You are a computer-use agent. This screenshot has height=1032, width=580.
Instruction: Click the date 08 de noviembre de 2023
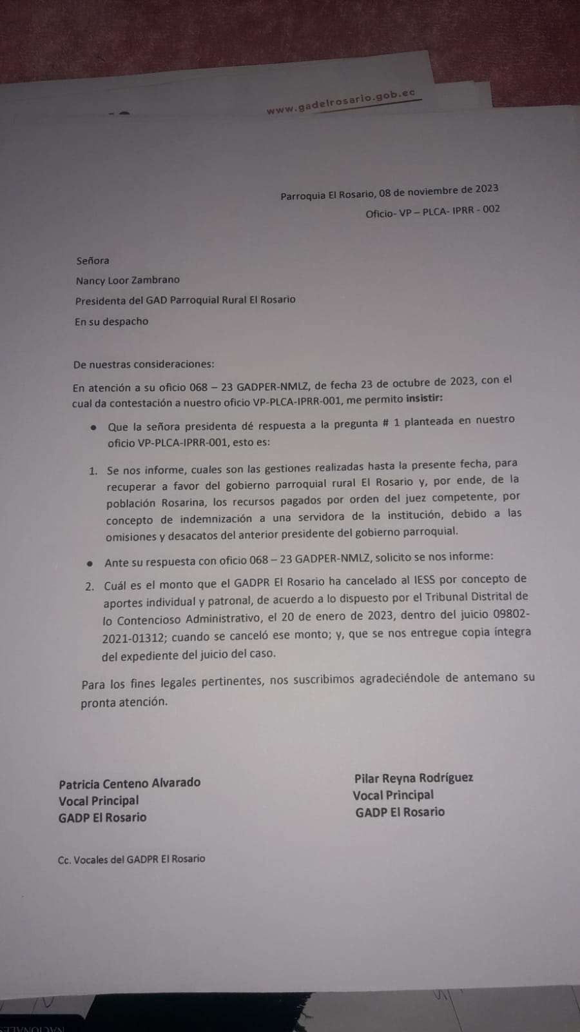(x=438, y=191)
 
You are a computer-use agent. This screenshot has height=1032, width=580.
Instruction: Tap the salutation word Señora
(x=93, y=261)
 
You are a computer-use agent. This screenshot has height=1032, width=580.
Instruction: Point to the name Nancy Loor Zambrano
(x=128, y=281)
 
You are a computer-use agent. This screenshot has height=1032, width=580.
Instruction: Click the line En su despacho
(x=111, y=321)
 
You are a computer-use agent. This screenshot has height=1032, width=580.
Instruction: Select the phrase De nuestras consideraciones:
(x=143, y=364)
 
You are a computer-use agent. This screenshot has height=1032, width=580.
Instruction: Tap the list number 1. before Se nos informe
(x=93, y=471)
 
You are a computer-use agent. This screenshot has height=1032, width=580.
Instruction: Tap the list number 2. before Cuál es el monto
(x=90, y=586)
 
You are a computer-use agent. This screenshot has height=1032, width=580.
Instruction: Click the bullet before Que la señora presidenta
(x=94, y=428)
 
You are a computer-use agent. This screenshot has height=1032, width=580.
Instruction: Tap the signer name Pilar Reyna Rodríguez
(x=413, y=779)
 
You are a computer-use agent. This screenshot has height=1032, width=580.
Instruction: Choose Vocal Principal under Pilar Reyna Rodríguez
(x=393, y=795)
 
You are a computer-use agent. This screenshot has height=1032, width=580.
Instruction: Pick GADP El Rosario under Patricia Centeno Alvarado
(x=102, y=817)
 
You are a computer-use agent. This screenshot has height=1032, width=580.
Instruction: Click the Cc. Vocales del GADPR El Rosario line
(x=131, y=859)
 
